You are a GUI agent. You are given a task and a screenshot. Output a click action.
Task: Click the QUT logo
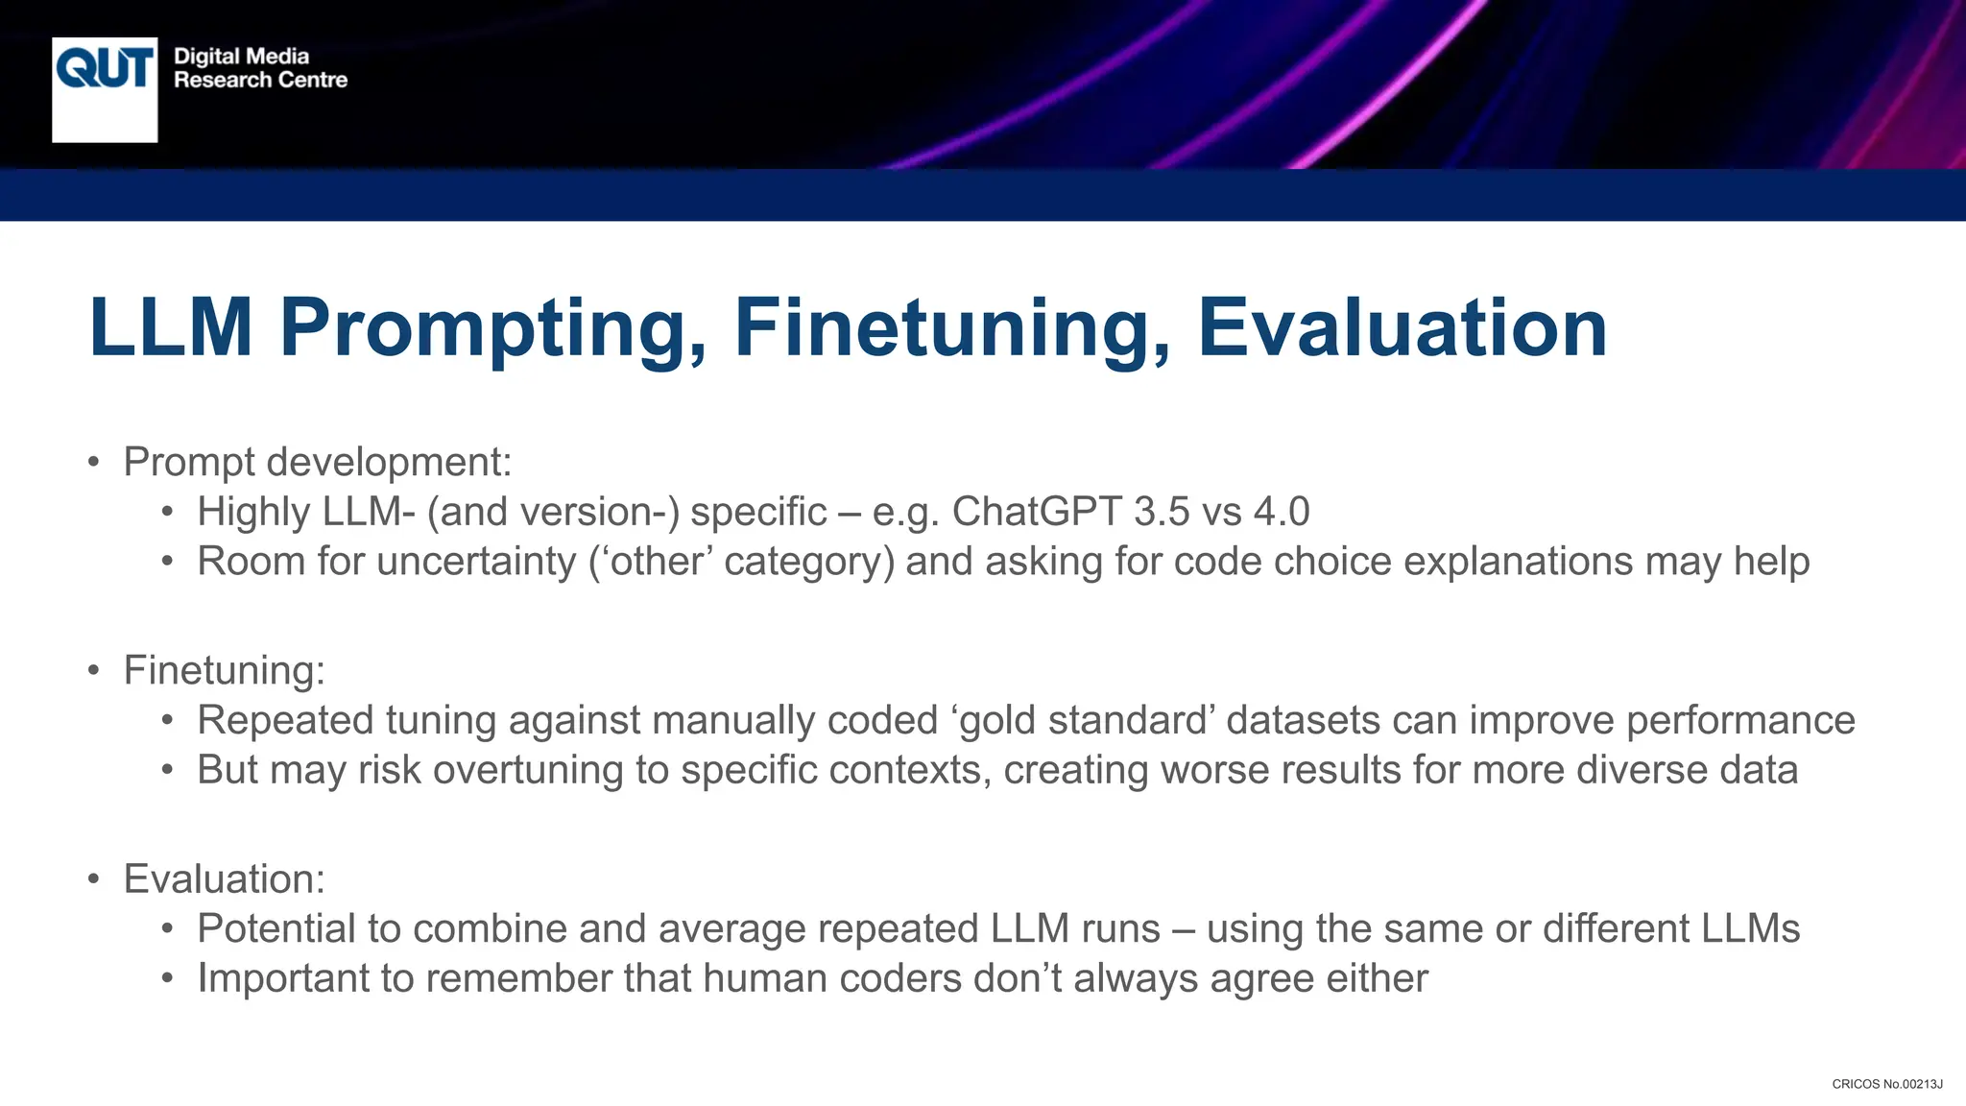click(x=105, y=89)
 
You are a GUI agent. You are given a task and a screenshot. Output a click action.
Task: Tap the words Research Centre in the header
click(x=260, y=80)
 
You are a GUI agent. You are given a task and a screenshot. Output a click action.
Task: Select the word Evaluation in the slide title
click(x=1402, y=328)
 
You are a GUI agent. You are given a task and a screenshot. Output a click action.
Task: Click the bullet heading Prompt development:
click(x=318, y=462)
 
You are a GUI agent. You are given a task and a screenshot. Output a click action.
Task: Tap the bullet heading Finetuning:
click(x=225, y=670)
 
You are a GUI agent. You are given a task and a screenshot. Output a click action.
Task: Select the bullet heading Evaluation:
click(x=225, y=879)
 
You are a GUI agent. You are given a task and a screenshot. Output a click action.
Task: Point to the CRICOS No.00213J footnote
click(x=1886, y=1084)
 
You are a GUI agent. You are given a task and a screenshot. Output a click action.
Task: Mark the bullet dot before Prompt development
click(x=93, y=463)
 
